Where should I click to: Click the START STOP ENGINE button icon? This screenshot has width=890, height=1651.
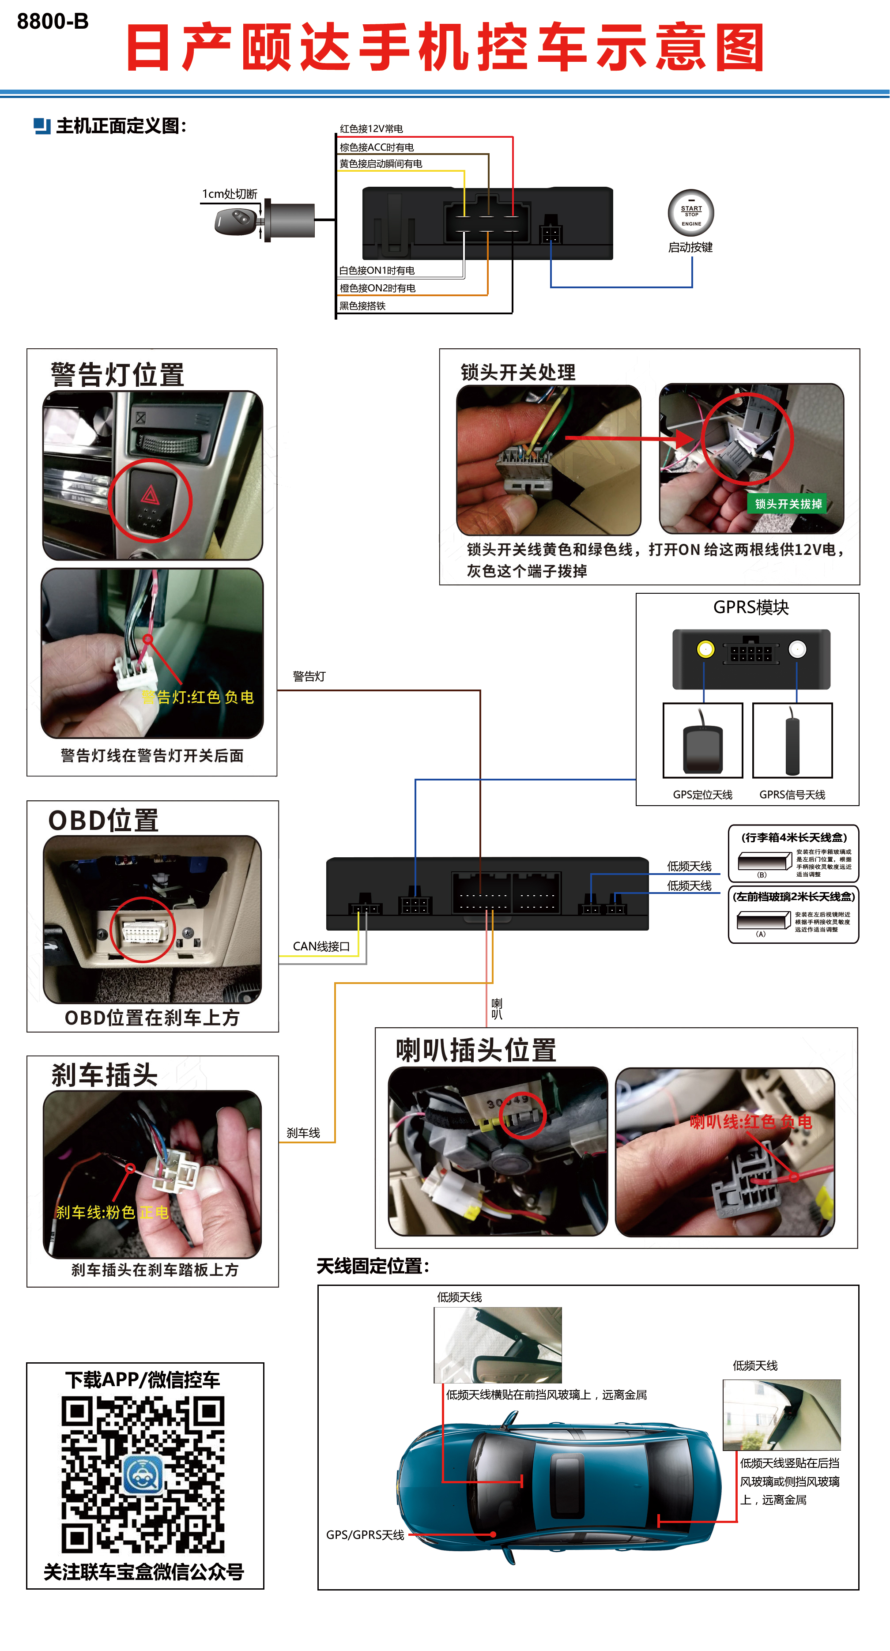691,213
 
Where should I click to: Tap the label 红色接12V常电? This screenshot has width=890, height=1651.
371,129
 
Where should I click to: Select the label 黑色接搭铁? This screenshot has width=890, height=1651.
362,306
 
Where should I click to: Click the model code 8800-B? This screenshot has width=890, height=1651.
53,22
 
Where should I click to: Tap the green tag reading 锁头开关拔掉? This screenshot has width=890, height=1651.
788,504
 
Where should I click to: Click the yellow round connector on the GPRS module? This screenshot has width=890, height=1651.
705,649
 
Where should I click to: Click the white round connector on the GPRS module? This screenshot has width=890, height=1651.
797,649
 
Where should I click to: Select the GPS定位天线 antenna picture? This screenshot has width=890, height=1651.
702,742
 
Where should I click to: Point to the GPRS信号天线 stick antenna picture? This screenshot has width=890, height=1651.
792,742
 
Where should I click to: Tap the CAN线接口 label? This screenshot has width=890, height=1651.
321,946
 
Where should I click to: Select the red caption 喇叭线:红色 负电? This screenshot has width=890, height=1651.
750,1122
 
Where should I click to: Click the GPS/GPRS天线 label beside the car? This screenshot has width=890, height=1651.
365,1535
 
